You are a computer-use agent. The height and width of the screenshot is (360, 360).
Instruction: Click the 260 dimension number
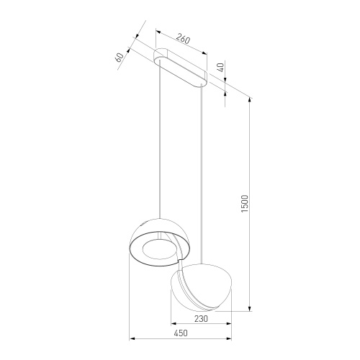point(183,40)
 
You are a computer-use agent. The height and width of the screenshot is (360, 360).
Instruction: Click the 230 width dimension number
point(200,318)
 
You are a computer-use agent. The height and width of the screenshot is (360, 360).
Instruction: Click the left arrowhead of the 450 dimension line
point(130,338)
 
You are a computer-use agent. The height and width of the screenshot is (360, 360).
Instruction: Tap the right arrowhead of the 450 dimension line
point(231,338)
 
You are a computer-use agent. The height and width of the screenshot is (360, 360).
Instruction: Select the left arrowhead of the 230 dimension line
point(171,323)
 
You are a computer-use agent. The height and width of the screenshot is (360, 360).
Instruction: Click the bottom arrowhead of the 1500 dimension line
point(250,309)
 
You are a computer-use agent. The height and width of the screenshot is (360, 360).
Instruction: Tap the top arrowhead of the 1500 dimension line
point(250,98)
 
